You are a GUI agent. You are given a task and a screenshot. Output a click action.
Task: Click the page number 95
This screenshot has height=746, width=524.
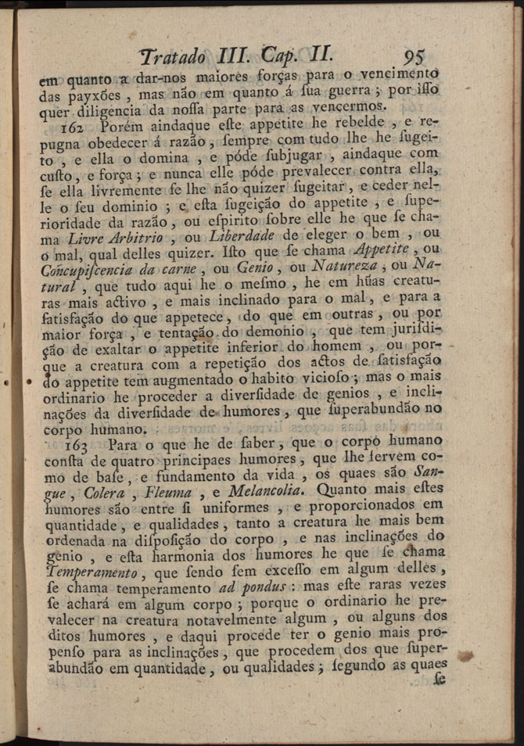point(410,57)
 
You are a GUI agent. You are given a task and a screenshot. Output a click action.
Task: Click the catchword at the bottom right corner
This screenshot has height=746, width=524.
point(440,680)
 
